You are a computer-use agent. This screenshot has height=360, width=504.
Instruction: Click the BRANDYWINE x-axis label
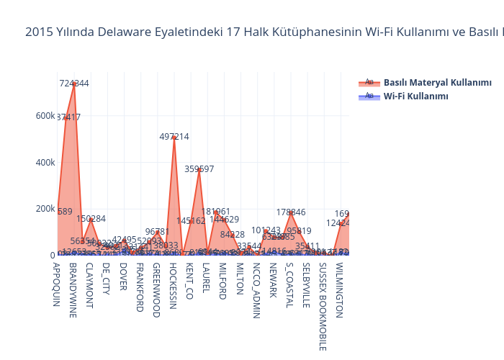click(x=72, y=286)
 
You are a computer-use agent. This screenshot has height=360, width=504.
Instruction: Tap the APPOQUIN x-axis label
click(x=55, y=284)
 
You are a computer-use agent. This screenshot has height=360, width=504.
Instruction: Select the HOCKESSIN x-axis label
click(x=173, y=286)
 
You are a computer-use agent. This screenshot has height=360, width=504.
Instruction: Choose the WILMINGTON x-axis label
click(x=340, y=289)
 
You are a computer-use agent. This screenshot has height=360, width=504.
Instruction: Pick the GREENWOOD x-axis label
click(x=156, y=289)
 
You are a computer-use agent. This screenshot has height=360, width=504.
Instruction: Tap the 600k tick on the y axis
click(x=45, y=116)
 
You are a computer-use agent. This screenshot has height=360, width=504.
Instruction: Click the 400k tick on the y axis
click(x=45, y=162)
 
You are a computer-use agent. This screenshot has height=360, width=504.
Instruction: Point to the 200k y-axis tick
click(x=45, y=209)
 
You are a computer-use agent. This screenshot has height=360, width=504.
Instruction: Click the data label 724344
click(x=74, y=84)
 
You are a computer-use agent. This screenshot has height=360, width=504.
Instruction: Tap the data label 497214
click(x=174, y=137)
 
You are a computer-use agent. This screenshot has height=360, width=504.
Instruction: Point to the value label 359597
click(x=199, y=169)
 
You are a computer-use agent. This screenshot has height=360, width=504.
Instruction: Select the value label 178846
click(x=291, y=212)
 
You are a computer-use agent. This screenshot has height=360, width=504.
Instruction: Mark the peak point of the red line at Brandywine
click(x=74, y=84)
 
